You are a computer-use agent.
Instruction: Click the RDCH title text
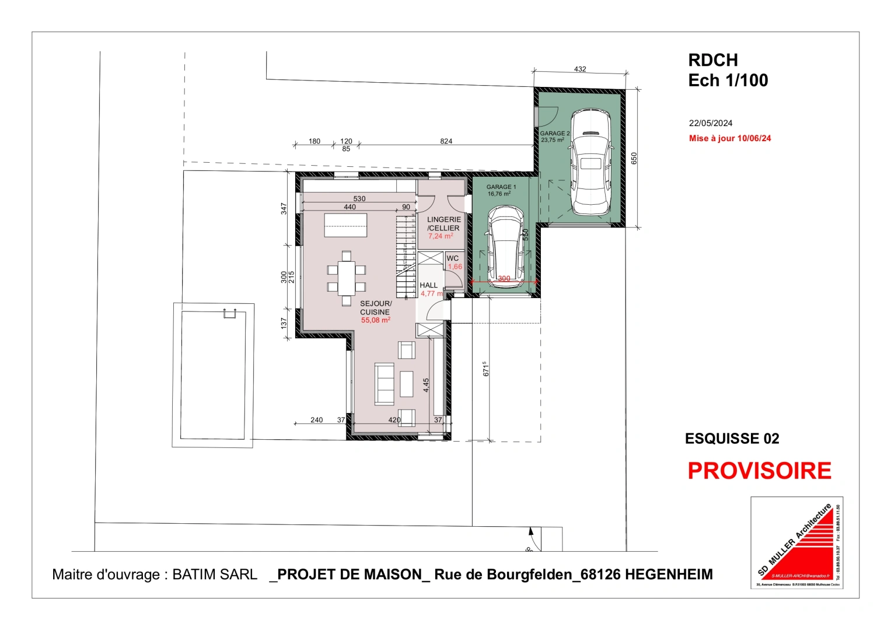(712, 60)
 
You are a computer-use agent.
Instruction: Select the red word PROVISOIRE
(759, 471)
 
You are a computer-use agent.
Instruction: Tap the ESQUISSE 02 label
(732, 439)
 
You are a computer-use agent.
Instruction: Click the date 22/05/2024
(710, 123)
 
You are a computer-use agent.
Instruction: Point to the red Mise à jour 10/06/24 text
(729, 138)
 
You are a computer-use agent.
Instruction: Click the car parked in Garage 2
(590, 162)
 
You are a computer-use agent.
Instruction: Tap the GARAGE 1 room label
(501, 187)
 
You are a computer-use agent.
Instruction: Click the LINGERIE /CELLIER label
(443, 223)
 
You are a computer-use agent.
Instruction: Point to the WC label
(452, 258)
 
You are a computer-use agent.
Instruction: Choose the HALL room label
(428, 285)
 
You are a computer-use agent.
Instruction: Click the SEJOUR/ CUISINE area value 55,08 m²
(375, 320)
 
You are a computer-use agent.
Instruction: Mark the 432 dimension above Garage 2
(579, 69)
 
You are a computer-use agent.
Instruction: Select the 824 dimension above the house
(446, 141)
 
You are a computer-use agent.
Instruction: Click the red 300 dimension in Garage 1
(504, 279)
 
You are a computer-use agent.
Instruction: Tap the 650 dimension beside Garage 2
(634, 158)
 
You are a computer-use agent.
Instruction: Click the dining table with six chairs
(346, 278)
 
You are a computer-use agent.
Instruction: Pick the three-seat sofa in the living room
(384, 383)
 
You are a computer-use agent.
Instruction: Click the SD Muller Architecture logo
(796, 542)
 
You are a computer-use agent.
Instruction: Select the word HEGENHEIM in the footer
(669, 575)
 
